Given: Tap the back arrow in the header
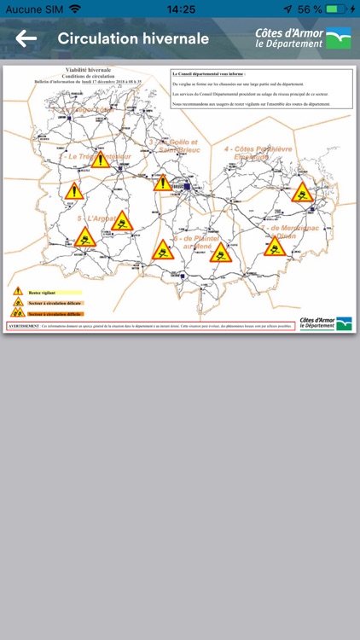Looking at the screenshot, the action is (x=26, y=38).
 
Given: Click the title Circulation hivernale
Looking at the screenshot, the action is (x=133, y=38).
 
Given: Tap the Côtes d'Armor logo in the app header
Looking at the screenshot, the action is (x=303, y=38).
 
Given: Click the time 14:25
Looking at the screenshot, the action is (x=181, y=9).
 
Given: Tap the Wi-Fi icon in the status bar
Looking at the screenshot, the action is (x=75, y=9).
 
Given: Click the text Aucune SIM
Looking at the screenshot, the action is (x=34, y=9).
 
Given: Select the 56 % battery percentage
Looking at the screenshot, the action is (x=311, y=9).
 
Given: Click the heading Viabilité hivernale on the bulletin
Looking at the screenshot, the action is (x=88, y=73).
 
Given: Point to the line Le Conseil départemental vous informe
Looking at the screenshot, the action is (x=209, y=75).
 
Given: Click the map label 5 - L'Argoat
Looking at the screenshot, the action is (x=96, y=219).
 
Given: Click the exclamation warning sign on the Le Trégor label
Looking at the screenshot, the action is (x=102, y=160).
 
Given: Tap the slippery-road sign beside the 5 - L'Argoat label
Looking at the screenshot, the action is (x=122, y=222).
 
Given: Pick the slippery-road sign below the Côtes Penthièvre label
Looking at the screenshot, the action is (x=302, y=192).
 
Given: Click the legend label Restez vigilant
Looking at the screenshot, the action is (x=41, y=292).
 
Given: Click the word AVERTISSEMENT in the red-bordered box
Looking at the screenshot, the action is (x=24, y=325).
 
